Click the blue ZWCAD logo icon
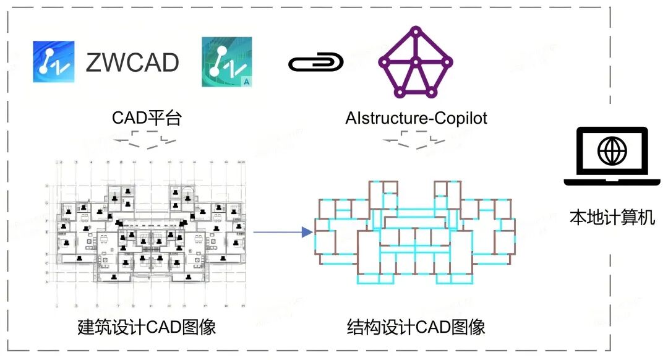(x=54, y=62)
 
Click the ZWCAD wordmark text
(x=132, y=62)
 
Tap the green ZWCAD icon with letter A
(x=226, y=62)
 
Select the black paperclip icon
(x=315, y=62)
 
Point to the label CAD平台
(x=147, y=118)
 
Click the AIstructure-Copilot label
(x=416, y=118)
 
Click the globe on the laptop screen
(x=612, y=150)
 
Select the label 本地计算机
(x=612, y=218)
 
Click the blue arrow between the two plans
(x=281, y=233)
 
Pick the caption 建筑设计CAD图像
(x=147, y=327)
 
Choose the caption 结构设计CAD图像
(x=416, y=327)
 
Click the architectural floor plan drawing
(x=148, y=235)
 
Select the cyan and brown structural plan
(x=414, y=232)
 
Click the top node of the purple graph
(x=416, y=30)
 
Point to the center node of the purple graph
(x=416, y=62)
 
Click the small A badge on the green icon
(x=246, y=80)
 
